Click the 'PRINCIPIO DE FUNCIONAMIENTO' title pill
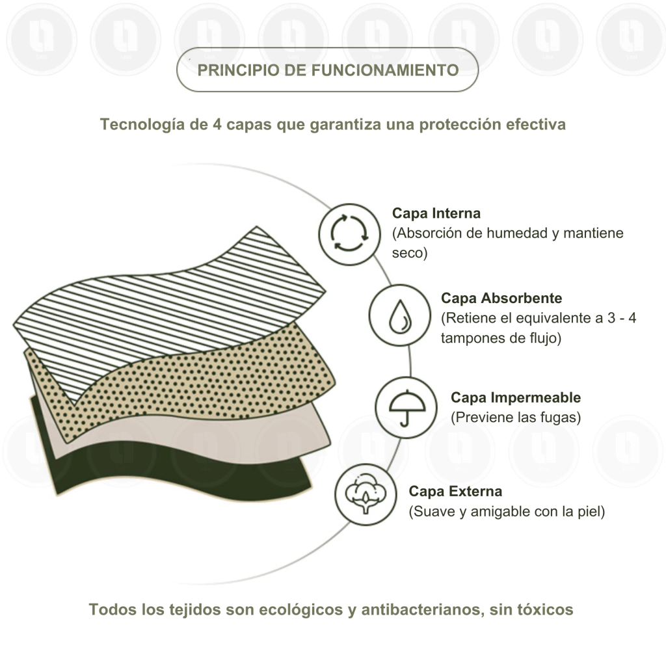tap(328, 70)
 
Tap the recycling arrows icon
tap(349, 234)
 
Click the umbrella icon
tap(406, 407)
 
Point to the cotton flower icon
tap(366, 494)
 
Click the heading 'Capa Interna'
tap(436, 213)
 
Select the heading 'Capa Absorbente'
tap(501, 298)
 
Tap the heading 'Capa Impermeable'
tap(516, 397)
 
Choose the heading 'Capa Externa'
tap(455, 492)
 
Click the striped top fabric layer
tap(170, 310)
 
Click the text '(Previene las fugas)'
tap(516, 418)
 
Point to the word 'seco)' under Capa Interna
tap(410, 253)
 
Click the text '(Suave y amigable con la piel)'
tap(507, 512)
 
